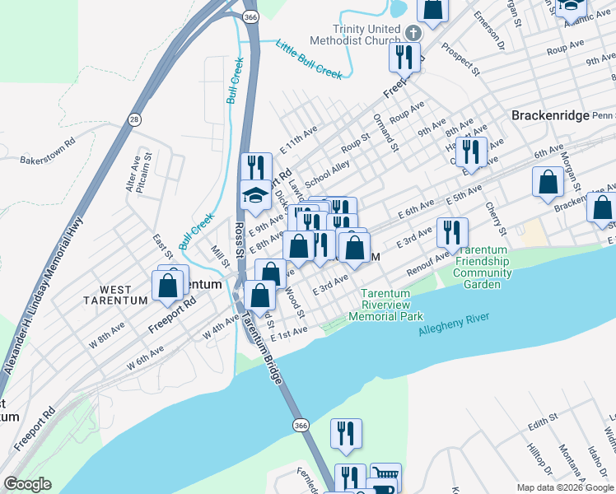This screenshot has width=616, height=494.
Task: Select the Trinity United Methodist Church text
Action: (x=355, y=34)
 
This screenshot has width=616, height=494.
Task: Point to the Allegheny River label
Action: (x=454, y=324)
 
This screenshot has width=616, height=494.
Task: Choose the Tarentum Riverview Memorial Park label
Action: (x=385, y=305)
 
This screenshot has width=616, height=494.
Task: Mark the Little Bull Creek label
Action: (x=308, y=60)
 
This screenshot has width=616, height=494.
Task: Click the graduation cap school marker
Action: (x=255, y=197)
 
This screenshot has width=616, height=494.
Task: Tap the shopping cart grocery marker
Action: (x=385, y=476)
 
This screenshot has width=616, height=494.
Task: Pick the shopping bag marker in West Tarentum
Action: (x=168, y=286)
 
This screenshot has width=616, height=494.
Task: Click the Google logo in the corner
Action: (x=26, y=484)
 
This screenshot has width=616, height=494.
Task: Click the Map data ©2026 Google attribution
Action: (x=564, y=487)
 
